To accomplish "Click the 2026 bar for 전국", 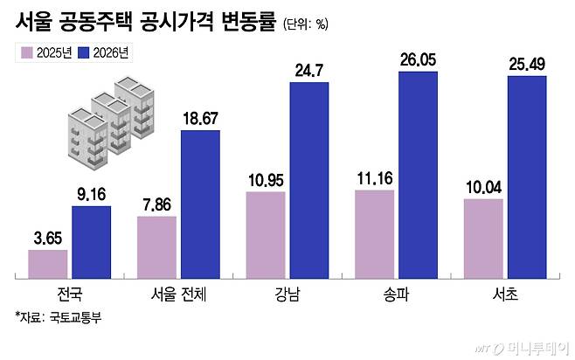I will pyautogui.click(x=91, y=242).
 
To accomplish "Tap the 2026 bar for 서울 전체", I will pyautogui.click(x=200, y=204).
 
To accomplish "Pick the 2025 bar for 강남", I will pyautogui.click(x=266, y=235).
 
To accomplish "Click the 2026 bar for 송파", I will pyautogui.click(x=418, y=175).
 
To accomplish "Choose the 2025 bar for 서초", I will pyautogui.click(x=483, y=239).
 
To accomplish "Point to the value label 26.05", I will pyautogui.click(x=418, y=61).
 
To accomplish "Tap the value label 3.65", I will pyautogui.click(x=47, y=239).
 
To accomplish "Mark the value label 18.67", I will pyautogui.click(x=200, y=119).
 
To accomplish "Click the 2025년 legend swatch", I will pyautogui.click(x=26, y=53).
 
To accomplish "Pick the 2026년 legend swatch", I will pyautogui.click(x=87, y=53).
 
